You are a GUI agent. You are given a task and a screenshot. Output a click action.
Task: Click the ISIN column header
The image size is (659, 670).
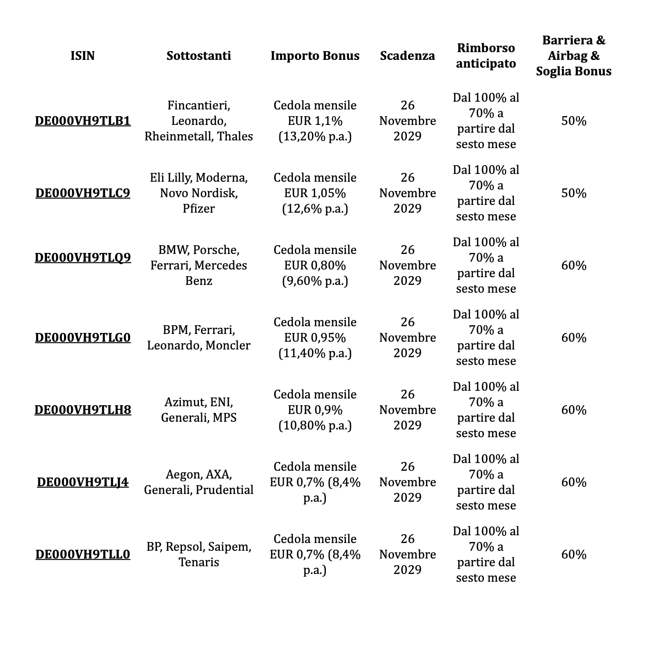pyautogui.click(x=83, y=56)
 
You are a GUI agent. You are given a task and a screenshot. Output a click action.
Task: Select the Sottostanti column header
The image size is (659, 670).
pyautogui.click(x=198, y=56)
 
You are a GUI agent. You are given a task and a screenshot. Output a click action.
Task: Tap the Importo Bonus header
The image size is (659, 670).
pyautogui.click(x=315, y=56)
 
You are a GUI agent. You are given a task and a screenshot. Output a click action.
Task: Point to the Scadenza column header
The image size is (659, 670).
pyautogui.click(x=407, y=56)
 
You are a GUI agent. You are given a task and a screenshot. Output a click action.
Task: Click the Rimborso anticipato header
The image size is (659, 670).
pyautogui.click(x=485, y=56)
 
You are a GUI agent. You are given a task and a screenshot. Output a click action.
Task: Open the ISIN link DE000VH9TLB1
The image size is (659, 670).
pyautogui.click(x=83, y=121)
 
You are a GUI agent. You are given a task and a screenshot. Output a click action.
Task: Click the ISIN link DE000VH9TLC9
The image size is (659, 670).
pyautogui.click(x=83, y=193)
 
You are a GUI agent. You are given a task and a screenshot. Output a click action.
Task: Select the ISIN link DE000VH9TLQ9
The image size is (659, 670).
pyautogui.click(x=83, y=258)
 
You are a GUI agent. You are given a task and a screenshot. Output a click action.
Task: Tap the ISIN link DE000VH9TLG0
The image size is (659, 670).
pyautogui.click(x=83, y=338)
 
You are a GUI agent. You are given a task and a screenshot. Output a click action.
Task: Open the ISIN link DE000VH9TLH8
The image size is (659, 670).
pyautogui.click(x=83, y=410)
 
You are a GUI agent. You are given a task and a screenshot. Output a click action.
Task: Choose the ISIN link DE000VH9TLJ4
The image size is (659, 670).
pyautogui.click(x=83, y=482)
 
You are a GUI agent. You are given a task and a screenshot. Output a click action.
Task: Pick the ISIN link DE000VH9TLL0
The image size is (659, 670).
pyautogui.click(x=83, y=554)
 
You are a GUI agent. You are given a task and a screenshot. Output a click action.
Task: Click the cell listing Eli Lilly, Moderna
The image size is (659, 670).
pyautogui.click(x=198, y=193)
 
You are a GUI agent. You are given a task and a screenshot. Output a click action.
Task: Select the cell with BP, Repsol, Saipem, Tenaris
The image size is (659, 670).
pyautogui.click(x=198, y=554)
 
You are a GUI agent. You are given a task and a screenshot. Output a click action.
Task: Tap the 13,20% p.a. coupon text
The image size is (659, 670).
pyautogui.click(x=315, y=136)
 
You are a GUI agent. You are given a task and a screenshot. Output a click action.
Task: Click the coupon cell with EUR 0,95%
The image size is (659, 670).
pyautogui.click(x=315, y=338)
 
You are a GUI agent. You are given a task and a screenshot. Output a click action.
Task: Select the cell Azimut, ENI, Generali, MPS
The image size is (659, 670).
pyautogui.click(x=198, y=410)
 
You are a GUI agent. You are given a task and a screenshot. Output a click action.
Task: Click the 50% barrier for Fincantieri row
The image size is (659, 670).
pyautogui.click(x=573, y=121)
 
